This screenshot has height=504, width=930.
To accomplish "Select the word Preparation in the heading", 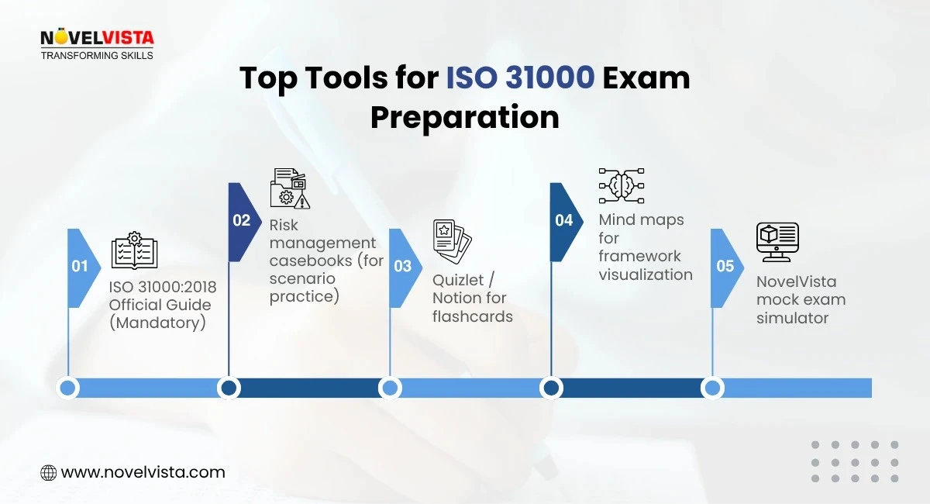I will click(x=464, y=117).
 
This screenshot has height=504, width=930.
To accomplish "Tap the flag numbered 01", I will click(x=81, y=266).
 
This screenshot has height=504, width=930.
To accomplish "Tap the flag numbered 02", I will click(x=242, y=220).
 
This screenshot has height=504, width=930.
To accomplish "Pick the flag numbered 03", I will click(x=403, y=266).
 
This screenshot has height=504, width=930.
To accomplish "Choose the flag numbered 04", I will click(x=564, y=220).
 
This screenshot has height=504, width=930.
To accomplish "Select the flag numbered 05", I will click(x=725, y=266).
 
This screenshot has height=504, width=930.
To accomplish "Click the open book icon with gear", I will click(x=134, y=250).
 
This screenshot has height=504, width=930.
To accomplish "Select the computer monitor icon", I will click(x=777, y=242).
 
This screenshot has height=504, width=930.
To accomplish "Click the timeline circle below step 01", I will click(x=68, y=388).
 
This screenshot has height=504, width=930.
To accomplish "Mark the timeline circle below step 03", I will click(x=390, y=388).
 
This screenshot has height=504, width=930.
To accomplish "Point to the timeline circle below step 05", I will click(x=712, y=388).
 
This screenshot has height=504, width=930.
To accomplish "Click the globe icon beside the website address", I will click(x=48, y=472).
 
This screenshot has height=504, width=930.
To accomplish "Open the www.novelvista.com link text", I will click(x=143, y=472).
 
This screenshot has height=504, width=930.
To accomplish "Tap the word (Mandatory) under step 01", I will click(x=157, y=323).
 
